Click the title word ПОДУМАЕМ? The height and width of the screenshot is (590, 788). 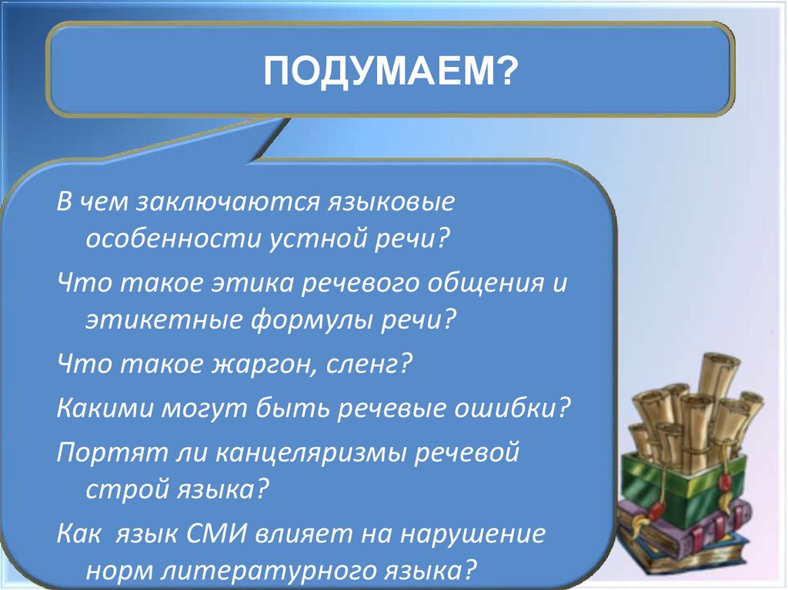coord(390,72)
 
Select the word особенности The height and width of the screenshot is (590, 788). coord(174,238)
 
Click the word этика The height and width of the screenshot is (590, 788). coord(252,283)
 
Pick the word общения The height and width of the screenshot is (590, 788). coord(486,283)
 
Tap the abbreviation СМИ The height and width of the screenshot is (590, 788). coord(216,534)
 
